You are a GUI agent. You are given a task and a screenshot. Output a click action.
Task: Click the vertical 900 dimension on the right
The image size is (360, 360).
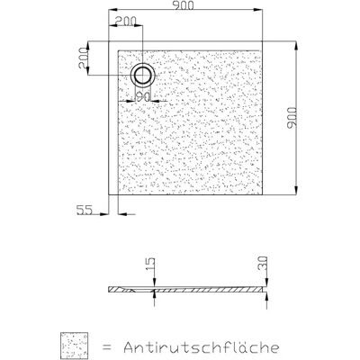click(x=292, y=118)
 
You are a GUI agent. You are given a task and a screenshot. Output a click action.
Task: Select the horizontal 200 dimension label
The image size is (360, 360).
click(x=126, y=21)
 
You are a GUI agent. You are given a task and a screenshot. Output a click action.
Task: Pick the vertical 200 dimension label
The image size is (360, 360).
click(x=83, y=58)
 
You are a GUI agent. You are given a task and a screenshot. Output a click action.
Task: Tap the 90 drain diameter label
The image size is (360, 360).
click(x=143, y=96)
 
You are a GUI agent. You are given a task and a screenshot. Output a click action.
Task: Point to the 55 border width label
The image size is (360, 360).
click(x=84, y=210)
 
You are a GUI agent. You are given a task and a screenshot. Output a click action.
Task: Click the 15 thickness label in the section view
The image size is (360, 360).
click(x=151, y=264)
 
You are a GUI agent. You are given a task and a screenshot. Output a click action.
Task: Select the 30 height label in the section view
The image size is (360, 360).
click(x=263, y=264)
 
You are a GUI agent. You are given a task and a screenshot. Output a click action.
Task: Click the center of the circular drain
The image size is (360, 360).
click(x=143, y=75)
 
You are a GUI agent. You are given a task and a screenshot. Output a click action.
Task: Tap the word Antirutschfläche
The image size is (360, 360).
click(x=202, y=346)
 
